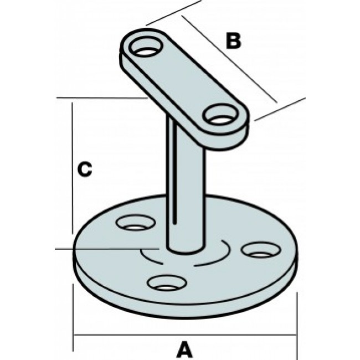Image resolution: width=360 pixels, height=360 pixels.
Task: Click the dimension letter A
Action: (184, 349)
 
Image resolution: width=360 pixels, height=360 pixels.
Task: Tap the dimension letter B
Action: (234, 40)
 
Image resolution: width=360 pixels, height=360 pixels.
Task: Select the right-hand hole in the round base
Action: (260, 250)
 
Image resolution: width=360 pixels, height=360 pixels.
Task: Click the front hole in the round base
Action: (165, 284)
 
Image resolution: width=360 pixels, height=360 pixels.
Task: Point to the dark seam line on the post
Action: (176, 183)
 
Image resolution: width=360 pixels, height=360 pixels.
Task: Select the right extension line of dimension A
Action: (299, 321)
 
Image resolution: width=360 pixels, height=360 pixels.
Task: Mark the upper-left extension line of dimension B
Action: (173, 12)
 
